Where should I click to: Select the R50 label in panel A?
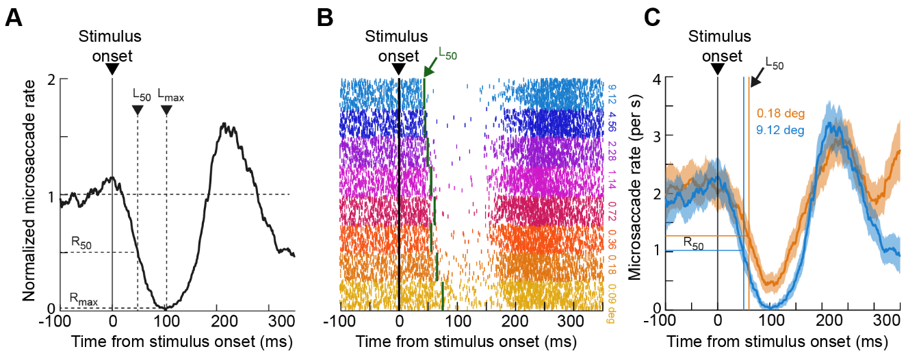(82, 242)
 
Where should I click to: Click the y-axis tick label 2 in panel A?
(51, 79)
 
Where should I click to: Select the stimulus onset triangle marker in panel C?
(718, 69)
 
